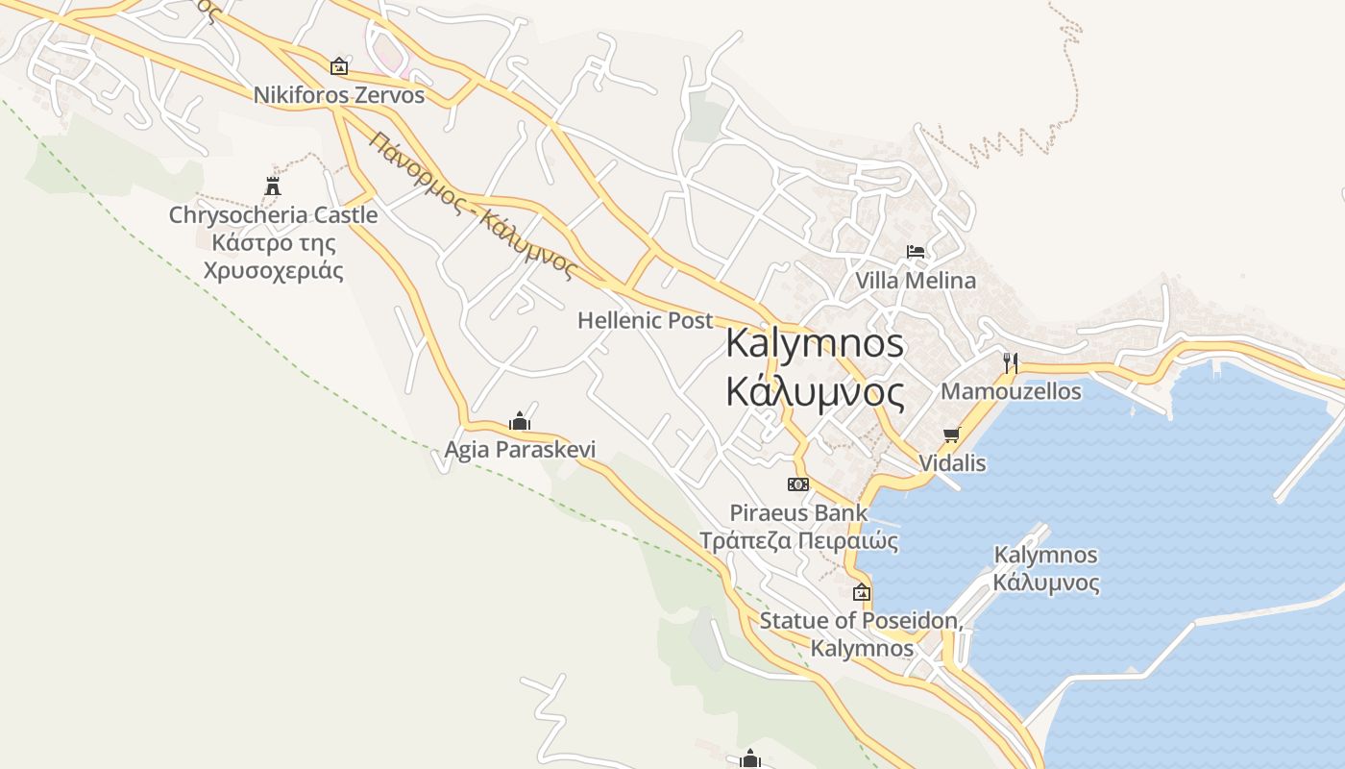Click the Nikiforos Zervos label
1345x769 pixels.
(x=338, y=95)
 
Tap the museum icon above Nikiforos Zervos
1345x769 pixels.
(x=338, y=66)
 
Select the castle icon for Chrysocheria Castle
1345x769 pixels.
(x=273, y=186)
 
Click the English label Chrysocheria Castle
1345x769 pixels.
(x=273, y=214)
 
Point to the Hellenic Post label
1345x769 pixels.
(x=645, y=320)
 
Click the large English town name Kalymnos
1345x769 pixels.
(x=815, y=343)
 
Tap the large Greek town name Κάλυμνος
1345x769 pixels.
(x=815, y=392)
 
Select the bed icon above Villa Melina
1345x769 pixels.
(x=916, y=252)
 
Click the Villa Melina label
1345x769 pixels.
(x=916, y=281)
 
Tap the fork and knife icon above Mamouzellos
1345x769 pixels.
(x=1010, y=362)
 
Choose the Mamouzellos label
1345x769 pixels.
(x=1011, y=391)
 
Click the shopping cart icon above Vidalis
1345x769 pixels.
(x=952, y=434)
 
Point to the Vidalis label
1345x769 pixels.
(x=952, y=462)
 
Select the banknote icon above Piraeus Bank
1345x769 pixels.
(x=798, y=484)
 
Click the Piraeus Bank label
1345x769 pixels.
(x=798, y=512)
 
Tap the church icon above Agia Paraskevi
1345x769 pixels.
(x=520, y=421)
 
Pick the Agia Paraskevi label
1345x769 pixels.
(x=520, y=449)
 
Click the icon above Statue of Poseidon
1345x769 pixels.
(x=861, y=592)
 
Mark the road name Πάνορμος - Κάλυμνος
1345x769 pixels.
(x=472, y=205)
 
